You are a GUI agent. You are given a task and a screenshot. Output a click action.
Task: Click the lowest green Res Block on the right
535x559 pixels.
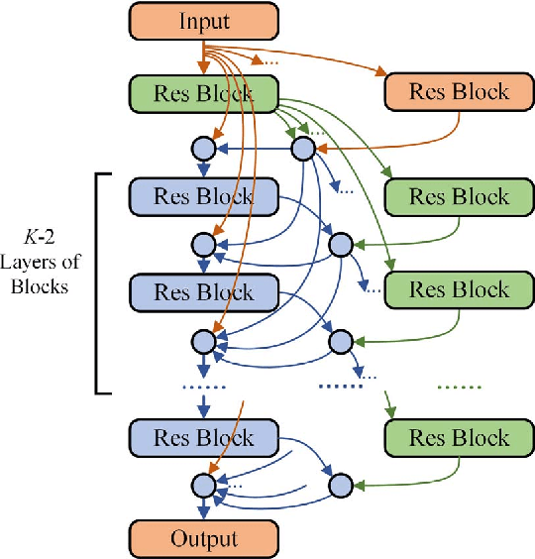point(454,437)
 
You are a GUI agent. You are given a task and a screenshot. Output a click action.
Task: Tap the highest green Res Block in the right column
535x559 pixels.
point(454,195)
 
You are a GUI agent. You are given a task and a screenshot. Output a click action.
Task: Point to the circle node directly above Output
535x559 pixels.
point(203,485)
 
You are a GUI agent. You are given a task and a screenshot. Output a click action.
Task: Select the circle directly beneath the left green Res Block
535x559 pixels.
point(203,148)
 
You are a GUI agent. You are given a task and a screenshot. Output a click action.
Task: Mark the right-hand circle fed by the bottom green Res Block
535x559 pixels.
point(340,485)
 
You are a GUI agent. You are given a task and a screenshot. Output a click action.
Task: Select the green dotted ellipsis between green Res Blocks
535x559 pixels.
point(458,386)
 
